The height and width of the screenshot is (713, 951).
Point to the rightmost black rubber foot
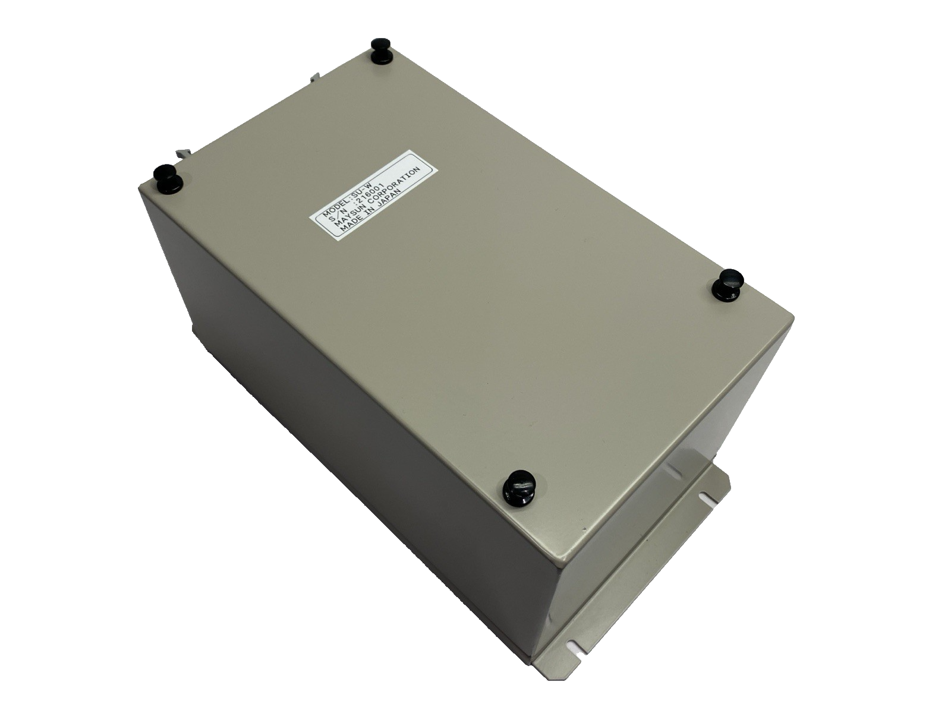pos(728,282)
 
